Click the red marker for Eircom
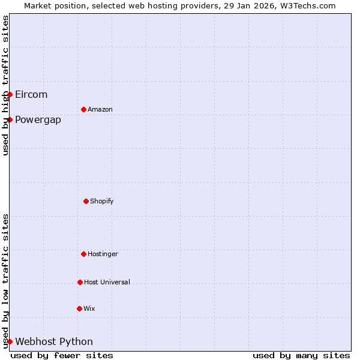tap(10, 94)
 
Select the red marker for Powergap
tap(10, 119)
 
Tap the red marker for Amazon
tap(83, 109)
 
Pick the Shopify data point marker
tap(86, 201)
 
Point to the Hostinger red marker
tap(83, 254)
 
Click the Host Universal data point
tap(80, 282)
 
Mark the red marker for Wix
tap(79, 308)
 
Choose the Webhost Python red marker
tap(10, 341)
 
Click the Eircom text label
tap(31, 94)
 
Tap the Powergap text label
tap(38, 119)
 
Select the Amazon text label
tap(100, 109)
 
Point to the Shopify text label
tap(102, 201)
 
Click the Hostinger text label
tap(103, 254)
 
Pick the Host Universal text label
tap(107, 282)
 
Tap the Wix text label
tap(89, 308)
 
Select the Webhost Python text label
tap(54, 341)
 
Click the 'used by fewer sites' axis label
tap(62, 355)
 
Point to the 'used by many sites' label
tap(301, 355)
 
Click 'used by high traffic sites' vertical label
tap(5, 85)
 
